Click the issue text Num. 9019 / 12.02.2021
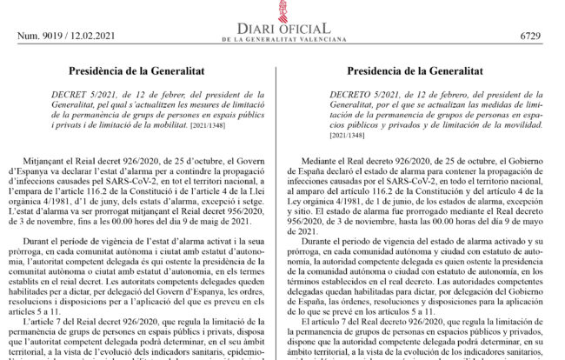63,36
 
